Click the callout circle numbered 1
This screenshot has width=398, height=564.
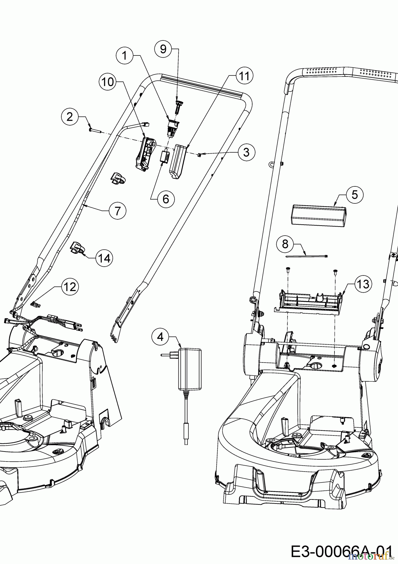click(125, 55)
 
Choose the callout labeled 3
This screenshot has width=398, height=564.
click(246, 152)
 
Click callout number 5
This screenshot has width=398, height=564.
click(354, 195)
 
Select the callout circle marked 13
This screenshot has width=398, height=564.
click(363, 284)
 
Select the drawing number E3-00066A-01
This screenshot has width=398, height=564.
click(341, 550)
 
